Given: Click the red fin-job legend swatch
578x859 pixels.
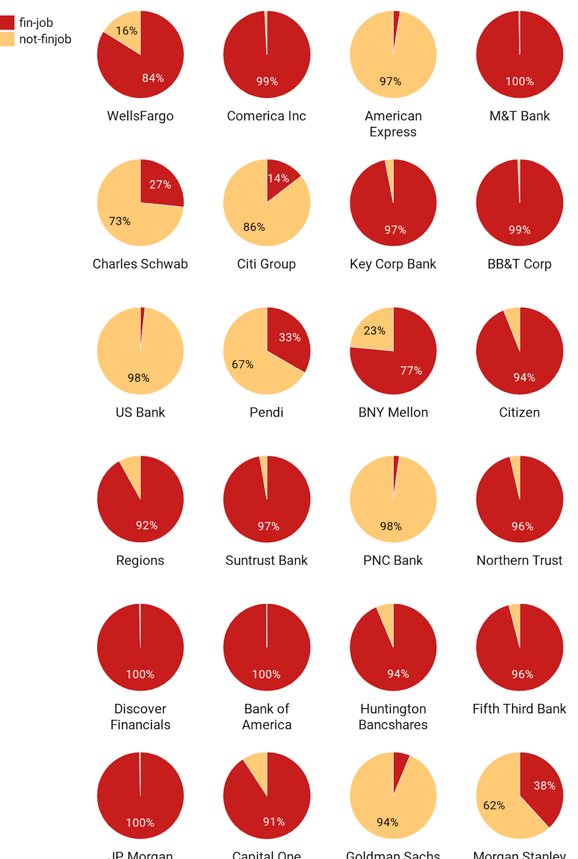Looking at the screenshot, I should tap(7, 23).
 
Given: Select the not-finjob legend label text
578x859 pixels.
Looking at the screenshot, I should tap(45, 39).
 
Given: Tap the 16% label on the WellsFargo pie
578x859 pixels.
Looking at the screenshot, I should tap(127, 31).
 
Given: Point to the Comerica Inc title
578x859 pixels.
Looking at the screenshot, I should tap(266, 116).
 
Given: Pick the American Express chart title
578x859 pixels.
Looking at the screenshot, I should tap(393, 124).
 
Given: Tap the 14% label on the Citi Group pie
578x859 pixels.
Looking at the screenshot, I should tap(279, 178).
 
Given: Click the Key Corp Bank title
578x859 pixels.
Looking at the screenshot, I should tap(393, 264).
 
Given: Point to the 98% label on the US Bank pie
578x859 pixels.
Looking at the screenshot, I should tap(138, 378).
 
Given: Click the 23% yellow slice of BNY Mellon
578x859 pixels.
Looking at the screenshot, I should tap(375, 331).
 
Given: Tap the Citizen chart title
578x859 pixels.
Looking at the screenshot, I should tap(519, 412).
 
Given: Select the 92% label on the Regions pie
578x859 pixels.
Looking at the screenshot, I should tap(147, 526).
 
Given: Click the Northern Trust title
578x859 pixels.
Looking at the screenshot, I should tap(519, 560).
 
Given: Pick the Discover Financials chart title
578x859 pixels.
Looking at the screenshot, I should tap(140, 717).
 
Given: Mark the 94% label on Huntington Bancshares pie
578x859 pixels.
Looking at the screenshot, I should tap(398, 674).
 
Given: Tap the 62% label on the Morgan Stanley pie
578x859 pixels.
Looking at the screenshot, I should tap(494, 806).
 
